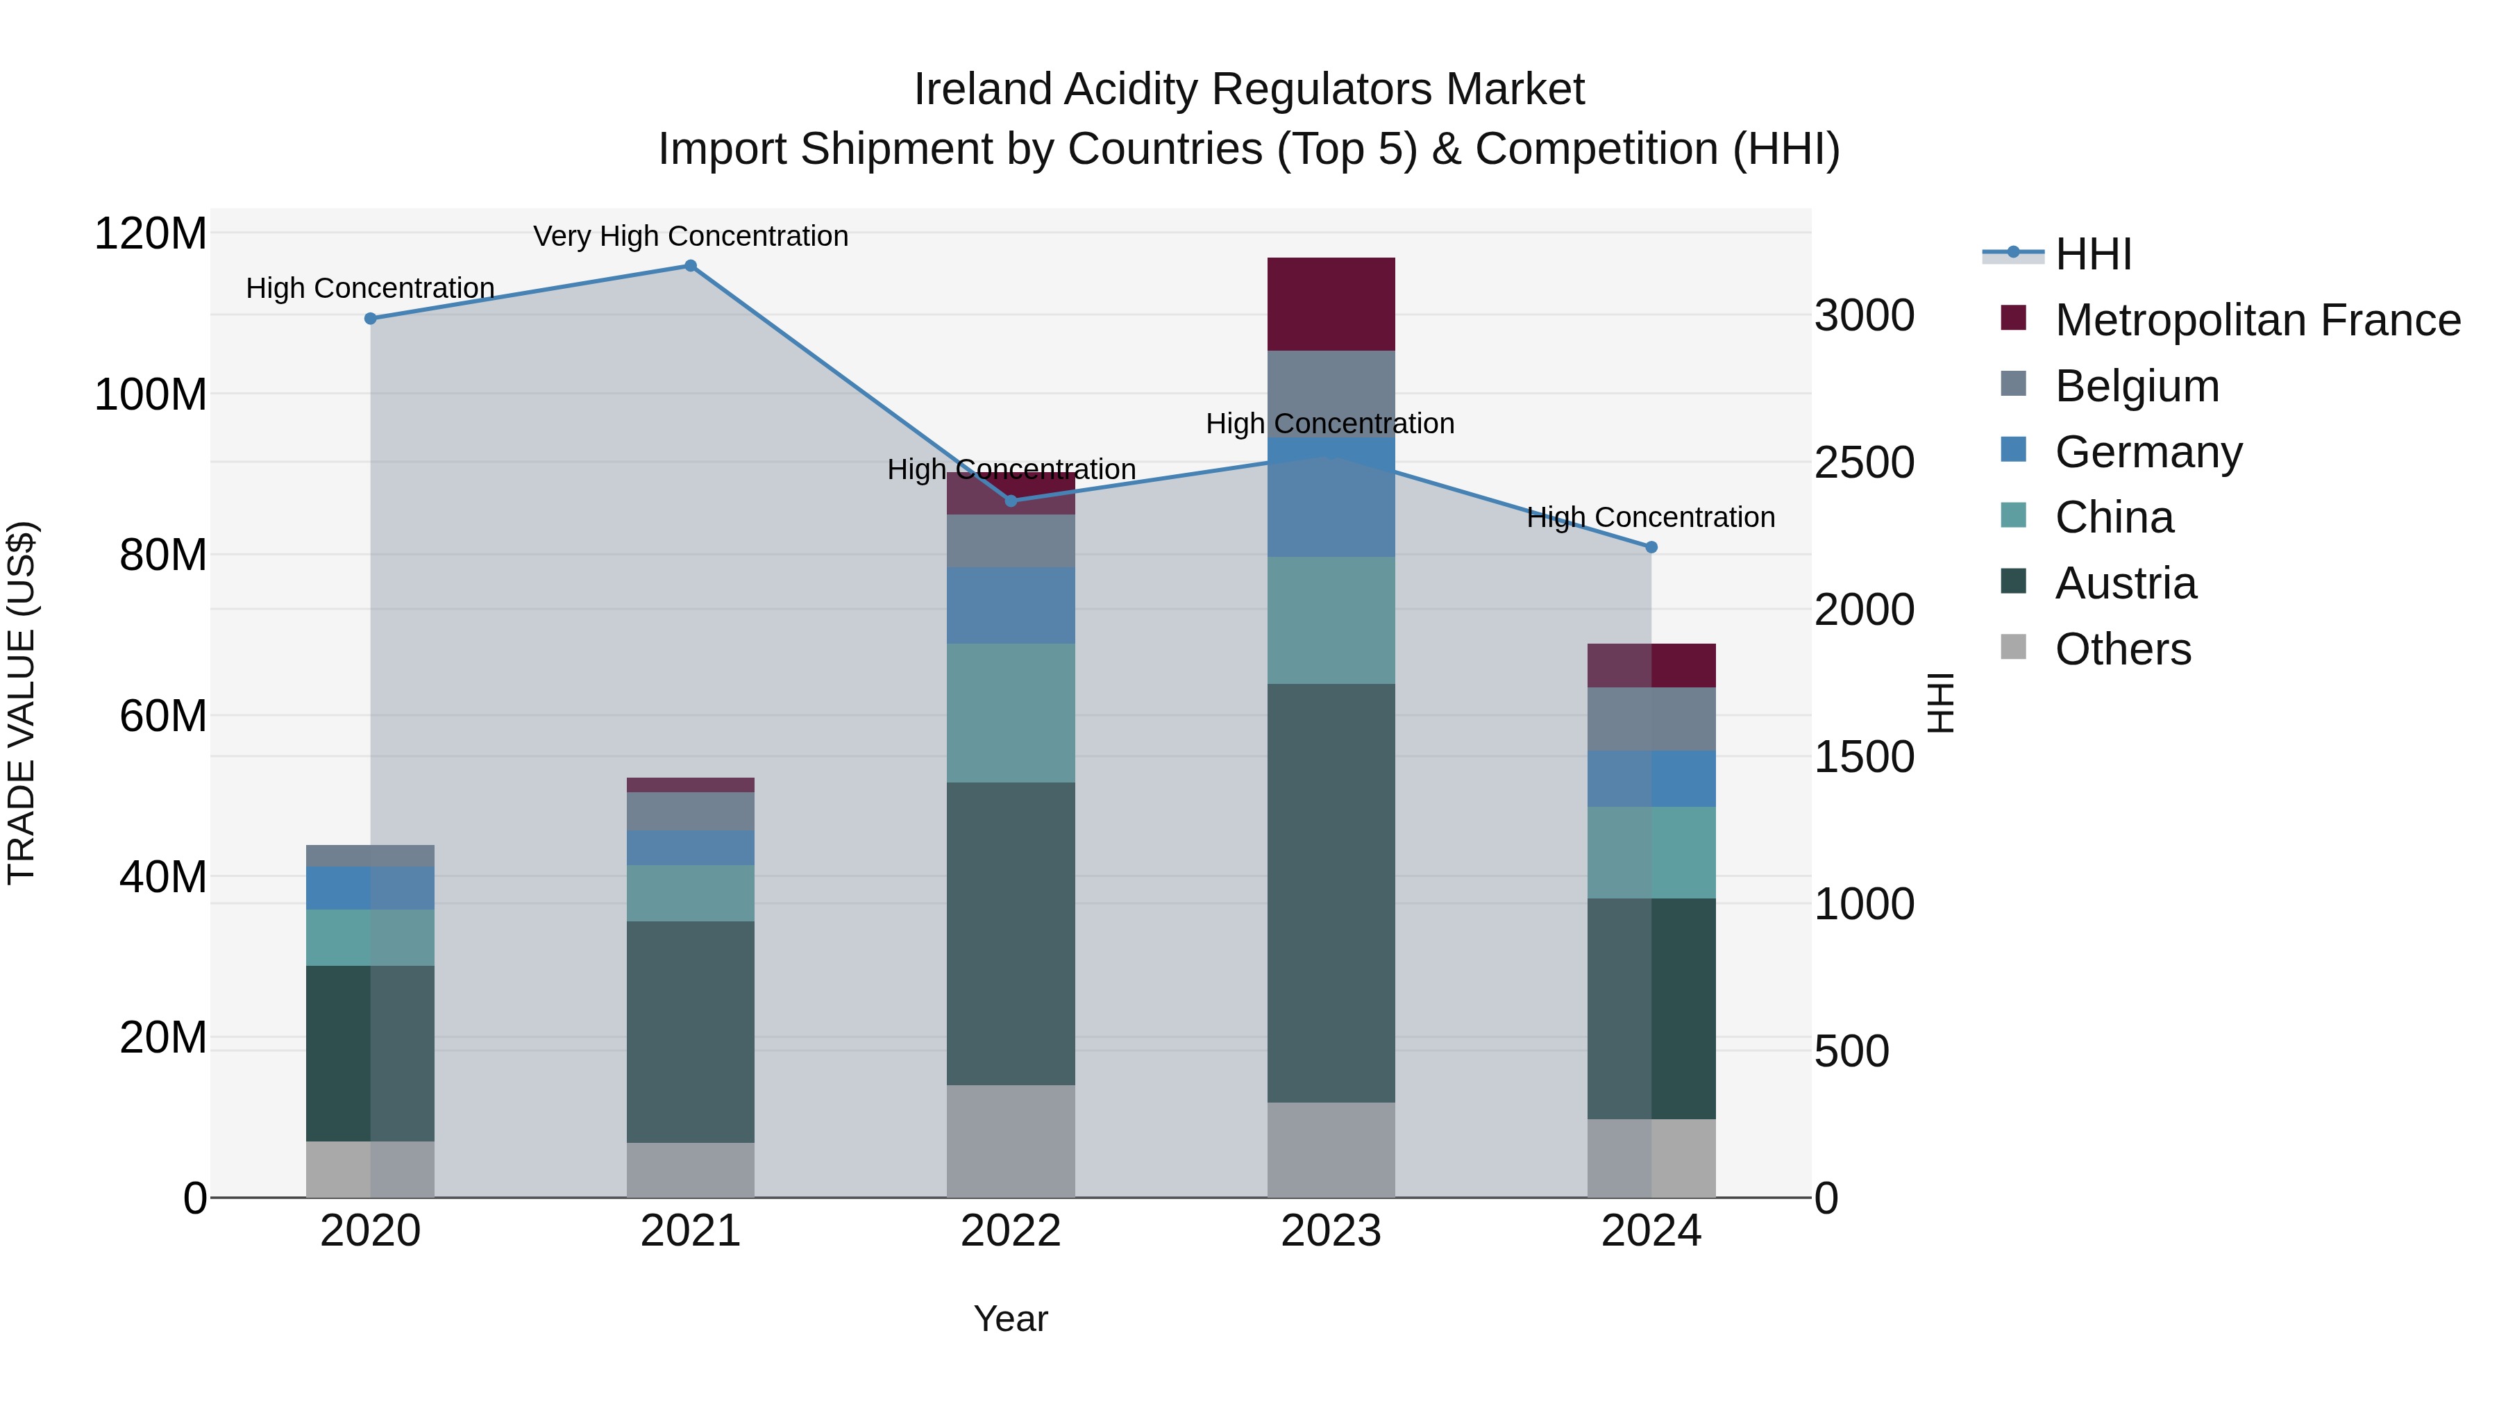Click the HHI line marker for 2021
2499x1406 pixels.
tap(691, 266)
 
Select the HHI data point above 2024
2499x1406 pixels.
tap(1651, 547)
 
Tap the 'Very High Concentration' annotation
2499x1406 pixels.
tap(691, 236)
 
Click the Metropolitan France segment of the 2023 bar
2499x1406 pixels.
tap(1331, 303)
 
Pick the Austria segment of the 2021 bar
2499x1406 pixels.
tap(691, 1032)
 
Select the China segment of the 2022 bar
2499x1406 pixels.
tap(1011, 713)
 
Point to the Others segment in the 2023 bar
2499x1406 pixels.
tap(1331, 1150)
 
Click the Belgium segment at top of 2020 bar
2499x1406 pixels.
tap(371, 856)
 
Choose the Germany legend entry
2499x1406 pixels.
tap(2148, 452)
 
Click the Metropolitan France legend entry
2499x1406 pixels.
tap(2257, 320)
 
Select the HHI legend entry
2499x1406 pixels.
tap(2092, 254)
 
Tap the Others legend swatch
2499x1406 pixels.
tap(2013, 647)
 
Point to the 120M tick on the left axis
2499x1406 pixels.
tap(151, 234)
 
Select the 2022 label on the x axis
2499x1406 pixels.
tap(1011, 1231)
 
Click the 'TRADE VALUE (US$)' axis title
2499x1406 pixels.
tap(22, 703)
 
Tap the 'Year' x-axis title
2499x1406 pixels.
tap(1011, 1319)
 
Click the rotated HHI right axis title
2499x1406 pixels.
tap(1940, 703)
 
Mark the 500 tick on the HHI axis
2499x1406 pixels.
tap(1851, 1051)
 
